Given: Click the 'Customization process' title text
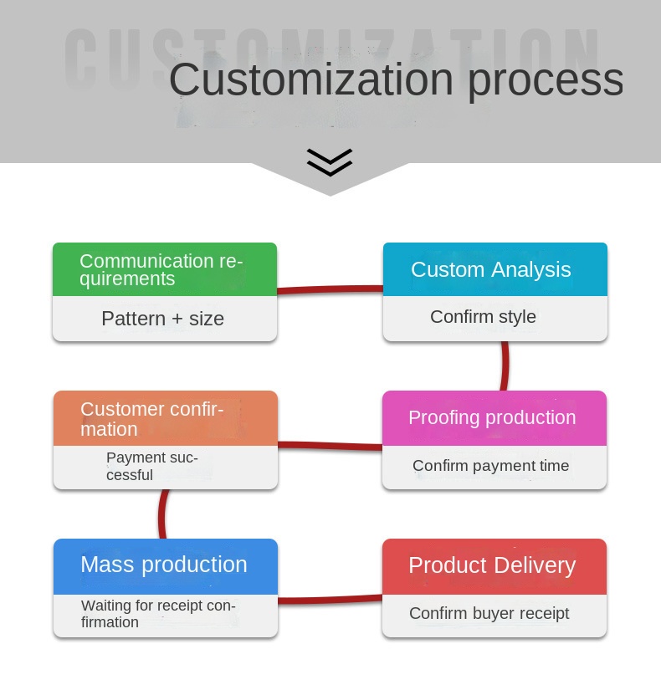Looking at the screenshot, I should [395, 79].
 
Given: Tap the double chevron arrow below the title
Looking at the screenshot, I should [330, 162].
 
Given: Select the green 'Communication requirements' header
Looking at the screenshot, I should [165, 269].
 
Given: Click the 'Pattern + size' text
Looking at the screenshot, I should [162, 319].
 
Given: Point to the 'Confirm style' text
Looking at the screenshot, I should [483, 317].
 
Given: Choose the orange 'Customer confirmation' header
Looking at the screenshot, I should [165, 418].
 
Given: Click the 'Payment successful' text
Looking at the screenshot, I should [152, 467].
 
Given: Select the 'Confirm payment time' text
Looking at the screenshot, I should [490, 466].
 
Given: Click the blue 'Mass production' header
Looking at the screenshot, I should [164, 565].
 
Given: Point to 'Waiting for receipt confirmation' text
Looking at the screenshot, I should [158, 614].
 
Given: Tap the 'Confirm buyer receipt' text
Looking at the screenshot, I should [489, 614].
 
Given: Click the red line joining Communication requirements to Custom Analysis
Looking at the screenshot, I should [330, 289].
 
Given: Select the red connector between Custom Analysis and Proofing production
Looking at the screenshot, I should [505, 366].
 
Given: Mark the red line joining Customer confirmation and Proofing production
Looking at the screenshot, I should [330, 446].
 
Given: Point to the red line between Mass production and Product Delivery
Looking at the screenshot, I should [330, 599].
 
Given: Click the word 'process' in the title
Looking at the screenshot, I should [545, 79].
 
